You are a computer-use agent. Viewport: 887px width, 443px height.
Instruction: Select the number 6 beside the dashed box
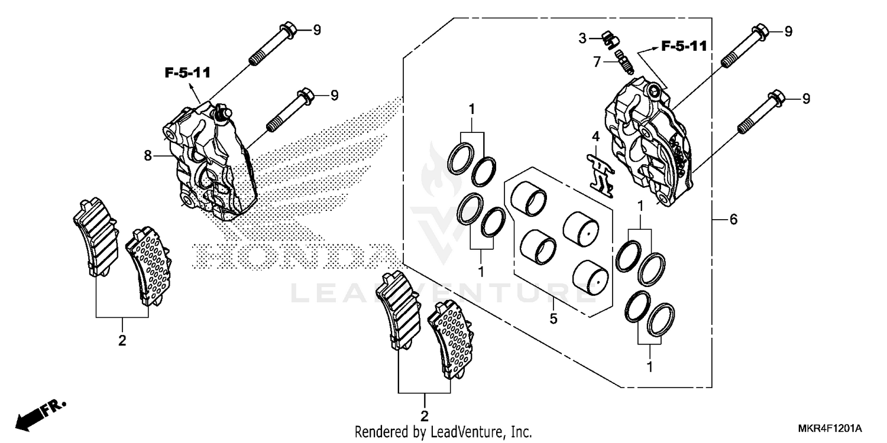click(x=733, y=220)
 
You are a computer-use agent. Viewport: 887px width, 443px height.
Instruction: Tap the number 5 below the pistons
click(x=553, y=318)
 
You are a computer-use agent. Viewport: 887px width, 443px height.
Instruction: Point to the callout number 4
click(x=596, y=136)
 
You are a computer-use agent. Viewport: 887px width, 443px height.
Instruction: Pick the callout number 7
click(x=597, y=61)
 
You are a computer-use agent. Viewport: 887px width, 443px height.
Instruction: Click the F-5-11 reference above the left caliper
click(x=187, y=73)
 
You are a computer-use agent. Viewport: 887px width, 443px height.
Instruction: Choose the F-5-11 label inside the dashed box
click(x=684, y=46)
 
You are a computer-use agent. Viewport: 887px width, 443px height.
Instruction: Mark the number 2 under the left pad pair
click(x=122, y=341)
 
